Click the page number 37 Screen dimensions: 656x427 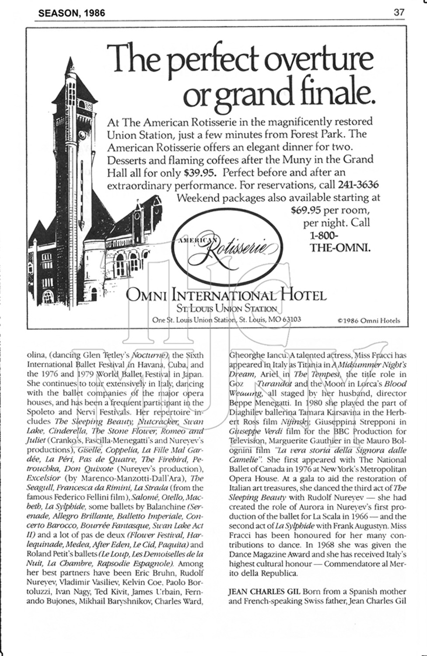coord(399,12)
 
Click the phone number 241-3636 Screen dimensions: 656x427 coord(358,184)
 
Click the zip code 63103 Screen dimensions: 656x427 coord(290,319)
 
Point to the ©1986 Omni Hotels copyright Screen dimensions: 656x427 coord(368,320)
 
